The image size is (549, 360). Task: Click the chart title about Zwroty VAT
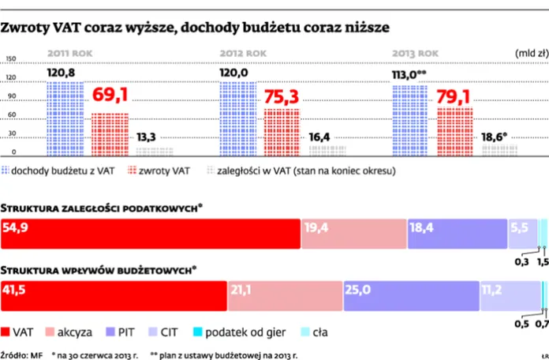[195, 28]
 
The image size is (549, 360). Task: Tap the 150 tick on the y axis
[10, 59]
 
